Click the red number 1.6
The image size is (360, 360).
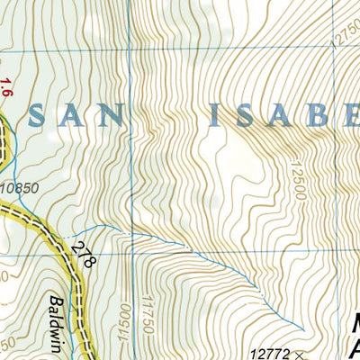click(x=7, y=87)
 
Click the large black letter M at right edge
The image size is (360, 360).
click(x=352, y=322)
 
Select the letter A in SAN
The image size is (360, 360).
click(x=85, y=114)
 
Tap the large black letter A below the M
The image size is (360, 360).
click(x=354, y=348)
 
